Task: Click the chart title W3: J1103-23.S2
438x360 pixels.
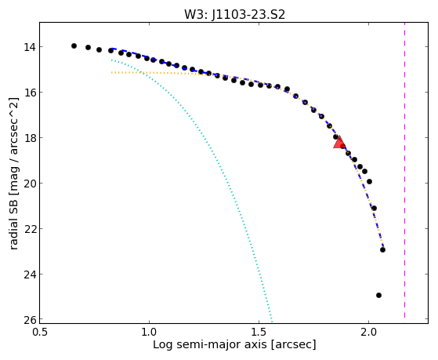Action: pyautogui.click(x=234, y=14)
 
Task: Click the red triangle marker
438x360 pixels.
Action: pyautogui.click(x=339, y=143)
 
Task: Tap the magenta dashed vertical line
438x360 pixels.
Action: pyautogui.click(x=404, y=170)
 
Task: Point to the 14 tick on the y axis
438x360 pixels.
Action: pyautogui.click(x=30, y=47)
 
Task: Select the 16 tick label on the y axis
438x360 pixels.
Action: pyautogui.click(x=30, y=93)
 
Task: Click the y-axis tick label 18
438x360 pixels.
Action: pyautogui.click(x=30, y=138)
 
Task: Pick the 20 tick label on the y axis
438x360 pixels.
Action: pyautogui.click(x=30, y=184)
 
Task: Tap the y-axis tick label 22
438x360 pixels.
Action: pyautogui.click(x=30, y=229)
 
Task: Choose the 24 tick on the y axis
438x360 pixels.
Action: pyautogui.click(x=30, y=275)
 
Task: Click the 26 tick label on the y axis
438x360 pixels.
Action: pyautogui.click(x=30, y=320)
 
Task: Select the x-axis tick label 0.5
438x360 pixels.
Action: pyautogui.click(x=40, y=333)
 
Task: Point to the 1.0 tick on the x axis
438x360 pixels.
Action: pyautogui.click(x=150, y=333)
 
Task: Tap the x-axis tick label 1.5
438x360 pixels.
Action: pyautogui.click(x=259, y=333)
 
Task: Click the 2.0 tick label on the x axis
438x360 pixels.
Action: pyautogui.click(x=369, y=333)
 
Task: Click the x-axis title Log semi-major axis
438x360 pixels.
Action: pyautogui.click(x=210, y=345)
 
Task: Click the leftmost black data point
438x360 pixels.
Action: pyautogui.click(x=74, y=45)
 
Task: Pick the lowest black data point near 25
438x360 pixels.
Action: pyautogui.click(x=378, y=295)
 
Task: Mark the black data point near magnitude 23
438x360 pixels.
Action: pyautogui.click(x=382, y=249)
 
